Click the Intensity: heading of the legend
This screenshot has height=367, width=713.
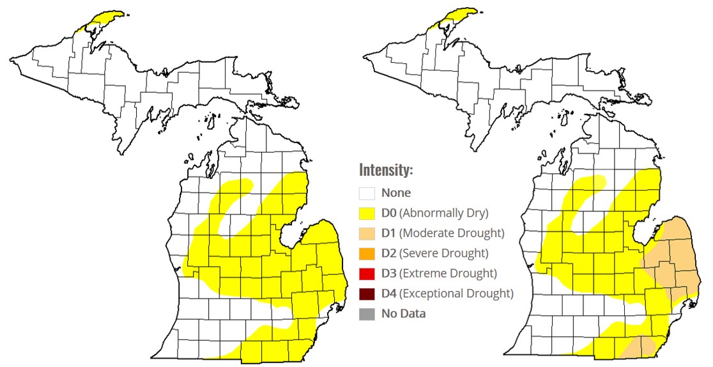pos(386,171)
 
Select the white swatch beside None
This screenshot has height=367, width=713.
pos(367,192)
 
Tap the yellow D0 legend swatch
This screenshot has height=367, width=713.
pos(367,213)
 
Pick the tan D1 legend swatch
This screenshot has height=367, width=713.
pos(367,233)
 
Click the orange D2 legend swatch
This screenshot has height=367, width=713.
pos(367,253)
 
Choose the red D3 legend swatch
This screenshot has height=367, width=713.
pos(367,274)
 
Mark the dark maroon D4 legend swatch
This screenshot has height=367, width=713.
pos(367,293)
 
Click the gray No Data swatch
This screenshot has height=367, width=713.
pos(367,314)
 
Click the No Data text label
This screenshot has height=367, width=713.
pos(403,314)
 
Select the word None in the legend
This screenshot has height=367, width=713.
pos(396,192)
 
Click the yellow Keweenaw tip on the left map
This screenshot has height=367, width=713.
pos(105,17)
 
